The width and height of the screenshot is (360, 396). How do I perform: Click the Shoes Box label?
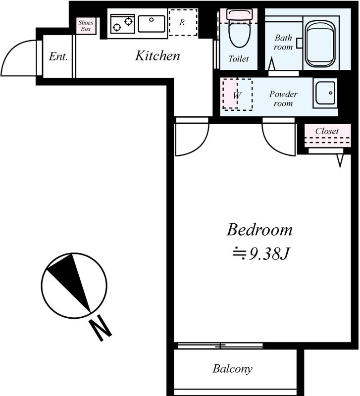point(86,26)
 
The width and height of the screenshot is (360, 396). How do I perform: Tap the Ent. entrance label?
point(58,56)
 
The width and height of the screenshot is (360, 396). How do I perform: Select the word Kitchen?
point(157,56)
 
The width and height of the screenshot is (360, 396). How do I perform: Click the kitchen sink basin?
point(152,24)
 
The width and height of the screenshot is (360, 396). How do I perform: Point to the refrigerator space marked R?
point(183,22)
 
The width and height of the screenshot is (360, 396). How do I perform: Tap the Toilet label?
point(239,59)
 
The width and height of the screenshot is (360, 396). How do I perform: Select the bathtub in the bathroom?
point(319,45)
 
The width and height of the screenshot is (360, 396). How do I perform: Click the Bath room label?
point(283,43)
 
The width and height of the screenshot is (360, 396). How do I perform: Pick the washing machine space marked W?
point(237,94)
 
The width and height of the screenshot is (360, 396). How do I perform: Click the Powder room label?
point(283,99)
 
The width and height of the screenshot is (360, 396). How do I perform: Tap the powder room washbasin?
point(325,93)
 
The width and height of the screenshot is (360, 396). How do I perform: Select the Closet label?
point(327,131)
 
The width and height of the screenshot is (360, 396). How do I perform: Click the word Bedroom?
point(259,230)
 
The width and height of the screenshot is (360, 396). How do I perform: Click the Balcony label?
point(232,369)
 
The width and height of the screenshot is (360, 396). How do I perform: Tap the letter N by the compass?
point(101,328)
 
